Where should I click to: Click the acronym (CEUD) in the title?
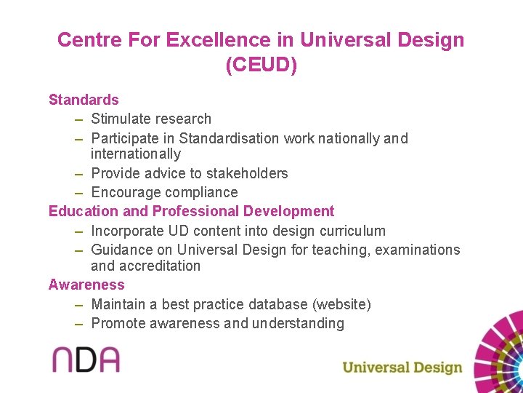pos(261,65)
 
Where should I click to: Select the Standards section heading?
pos(84,100)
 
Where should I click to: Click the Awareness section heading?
pos(86,285)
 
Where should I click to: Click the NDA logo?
pos(85,360)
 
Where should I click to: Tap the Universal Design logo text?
pos(402,367)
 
